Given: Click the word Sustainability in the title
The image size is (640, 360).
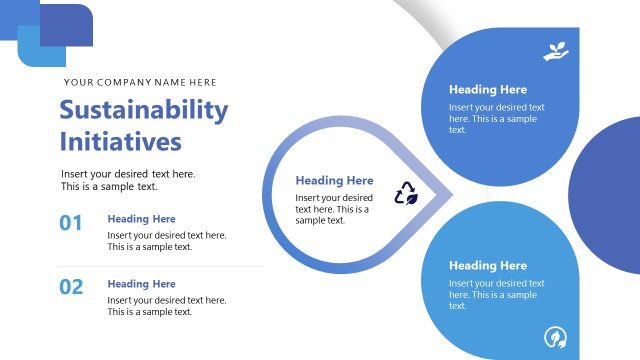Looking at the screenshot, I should point(144,110).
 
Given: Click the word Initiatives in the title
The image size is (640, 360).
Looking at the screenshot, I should point(121,141).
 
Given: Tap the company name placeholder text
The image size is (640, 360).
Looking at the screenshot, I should point(140,82).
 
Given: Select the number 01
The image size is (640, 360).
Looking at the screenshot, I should point(71,224).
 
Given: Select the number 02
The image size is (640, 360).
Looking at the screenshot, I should point(71,288).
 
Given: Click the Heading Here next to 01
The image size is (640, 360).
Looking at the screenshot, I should point(141,219).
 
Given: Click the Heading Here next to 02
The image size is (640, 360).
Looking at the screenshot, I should point(141,284).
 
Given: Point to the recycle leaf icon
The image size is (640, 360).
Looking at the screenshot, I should point(406,192).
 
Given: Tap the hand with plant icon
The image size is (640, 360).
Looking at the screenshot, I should point(555,51).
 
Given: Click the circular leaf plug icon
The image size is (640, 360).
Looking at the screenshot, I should point(555,336).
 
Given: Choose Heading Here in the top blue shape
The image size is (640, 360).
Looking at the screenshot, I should point(488,89).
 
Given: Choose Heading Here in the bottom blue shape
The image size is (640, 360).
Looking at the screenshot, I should point(488,266).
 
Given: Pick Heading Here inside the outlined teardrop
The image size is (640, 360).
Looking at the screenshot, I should point(334,181).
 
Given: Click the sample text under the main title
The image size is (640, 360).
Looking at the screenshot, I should point(128,180).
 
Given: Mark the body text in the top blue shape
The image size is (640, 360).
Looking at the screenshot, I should point(497,118).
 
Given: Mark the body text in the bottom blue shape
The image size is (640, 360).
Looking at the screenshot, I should point(497,294).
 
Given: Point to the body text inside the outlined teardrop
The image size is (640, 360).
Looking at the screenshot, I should point(334,209).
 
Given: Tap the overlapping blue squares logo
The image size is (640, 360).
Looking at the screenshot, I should point(55,34).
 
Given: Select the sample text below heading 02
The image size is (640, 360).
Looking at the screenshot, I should point(167,306).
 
